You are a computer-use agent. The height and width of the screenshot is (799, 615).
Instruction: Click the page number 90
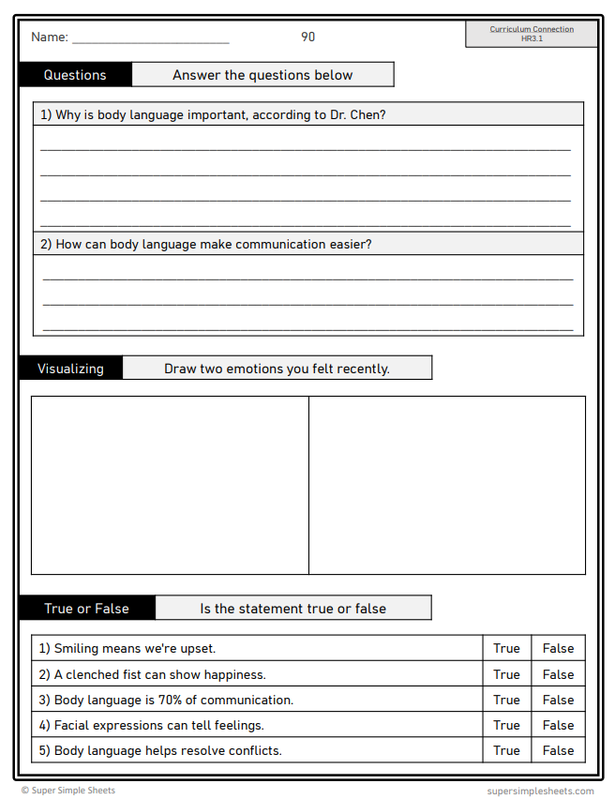coord(307,37)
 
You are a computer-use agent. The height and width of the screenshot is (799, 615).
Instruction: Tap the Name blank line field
coord(150,39)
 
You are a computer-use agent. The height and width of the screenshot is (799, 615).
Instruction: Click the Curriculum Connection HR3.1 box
coord(531,34)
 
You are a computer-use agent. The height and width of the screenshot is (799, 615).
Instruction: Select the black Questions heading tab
coord(75,75)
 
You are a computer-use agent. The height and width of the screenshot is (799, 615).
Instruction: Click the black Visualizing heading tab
coord(70,369)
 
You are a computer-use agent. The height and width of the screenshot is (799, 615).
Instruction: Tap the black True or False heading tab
coord(86,609)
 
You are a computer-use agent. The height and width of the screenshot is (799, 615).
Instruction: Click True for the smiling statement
coord(506,648)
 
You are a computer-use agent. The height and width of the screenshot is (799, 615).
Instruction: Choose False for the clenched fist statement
coord(558,674)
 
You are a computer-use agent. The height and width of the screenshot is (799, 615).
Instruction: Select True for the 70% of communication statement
coord(506,700)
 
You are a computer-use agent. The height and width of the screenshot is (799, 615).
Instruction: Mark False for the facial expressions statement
coord(558,725)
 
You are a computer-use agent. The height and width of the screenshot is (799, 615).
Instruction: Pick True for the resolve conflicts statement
coord(506,750)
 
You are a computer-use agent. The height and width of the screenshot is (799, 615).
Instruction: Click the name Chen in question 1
coord(366,115)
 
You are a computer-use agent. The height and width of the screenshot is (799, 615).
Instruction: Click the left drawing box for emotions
coord(170,485)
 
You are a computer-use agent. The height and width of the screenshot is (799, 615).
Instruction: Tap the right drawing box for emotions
coord(447,485)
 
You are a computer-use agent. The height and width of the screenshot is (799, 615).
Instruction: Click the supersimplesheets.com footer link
coord(540,791)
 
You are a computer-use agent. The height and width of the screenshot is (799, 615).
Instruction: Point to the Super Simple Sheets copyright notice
coord(68,791)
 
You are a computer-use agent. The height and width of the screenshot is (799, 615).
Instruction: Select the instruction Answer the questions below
coord(262,75)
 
